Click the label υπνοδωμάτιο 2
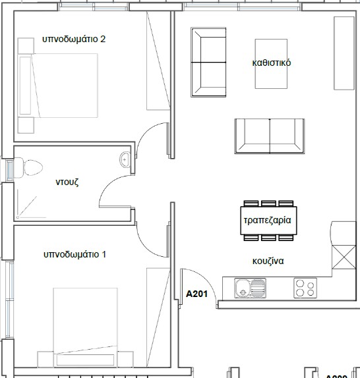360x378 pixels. point(74,40)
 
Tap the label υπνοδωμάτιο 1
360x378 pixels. point(75,254)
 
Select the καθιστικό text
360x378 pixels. point(271,63)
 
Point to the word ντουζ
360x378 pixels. point(67,183)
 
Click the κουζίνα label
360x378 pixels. point(267,261)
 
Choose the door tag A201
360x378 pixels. point(198,294)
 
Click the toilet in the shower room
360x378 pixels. point(29,168)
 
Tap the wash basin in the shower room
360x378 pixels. point(125,159)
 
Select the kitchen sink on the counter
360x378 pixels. point(250,288)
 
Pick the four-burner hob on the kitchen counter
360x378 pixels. point(305,288)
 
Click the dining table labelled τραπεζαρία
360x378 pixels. point(267,220)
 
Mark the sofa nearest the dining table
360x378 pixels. point(270,135)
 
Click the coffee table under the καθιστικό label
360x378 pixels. point(271,63)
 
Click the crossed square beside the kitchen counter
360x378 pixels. point(343,257)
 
